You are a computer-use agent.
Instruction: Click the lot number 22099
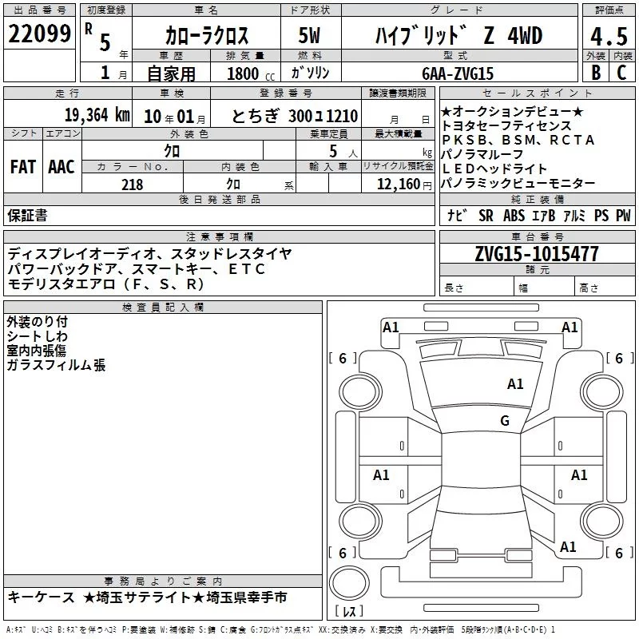tap(39, 34)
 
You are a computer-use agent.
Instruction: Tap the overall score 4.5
tap(609, 36)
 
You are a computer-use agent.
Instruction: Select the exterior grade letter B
tap(596, 73)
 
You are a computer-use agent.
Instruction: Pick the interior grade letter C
tap(621, 73)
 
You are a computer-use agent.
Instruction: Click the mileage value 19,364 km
tap(97, 115)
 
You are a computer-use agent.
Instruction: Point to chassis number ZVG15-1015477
tap(537, 254)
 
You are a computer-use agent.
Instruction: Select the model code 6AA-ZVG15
tap(458, 73)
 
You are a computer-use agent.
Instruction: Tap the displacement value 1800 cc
tap(251, 74)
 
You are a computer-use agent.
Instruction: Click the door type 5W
tap(309, 35)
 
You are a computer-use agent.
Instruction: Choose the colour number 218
tap(132, 185)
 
